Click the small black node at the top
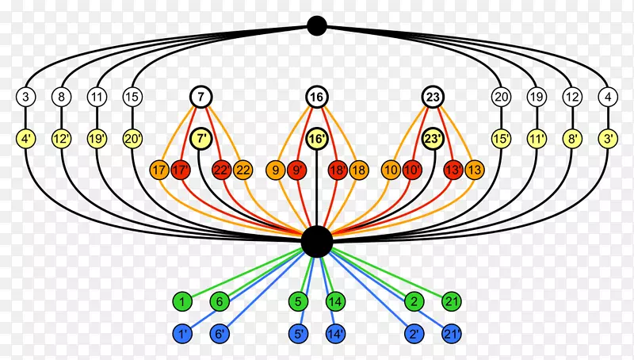point(317,26)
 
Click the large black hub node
point(317,242)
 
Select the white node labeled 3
point(26,98)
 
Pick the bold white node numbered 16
point(317,98)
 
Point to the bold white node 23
point(433,98)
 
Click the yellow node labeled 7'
point(201,138)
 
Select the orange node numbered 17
point(160,169)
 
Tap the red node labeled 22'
point(222,169)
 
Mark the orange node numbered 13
point(474,169)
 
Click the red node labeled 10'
point(412,169)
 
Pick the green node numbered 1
point(182,301)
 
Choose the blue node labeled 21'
point(452,335)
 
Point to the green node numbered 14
point(335,301)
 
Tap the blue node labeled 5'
point(299,335)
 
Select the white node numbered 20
point(501,98)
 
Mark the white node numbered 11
point(97,98)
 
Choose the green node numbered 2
point(414,301)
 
